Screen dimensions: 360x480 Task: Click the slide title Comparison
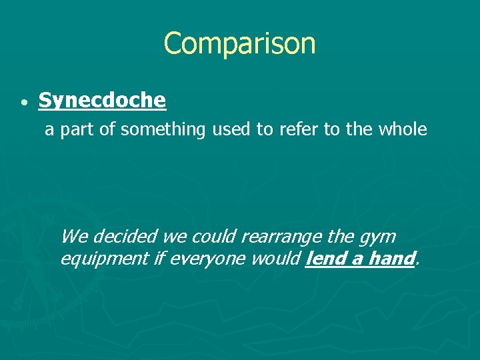point(239,44)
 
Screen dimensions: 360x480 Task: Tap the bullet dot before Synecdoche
point(23,104)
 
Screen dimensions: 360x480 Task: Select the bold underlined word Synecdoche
point(102,101)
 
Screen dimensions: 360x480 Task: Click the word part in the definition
point(78,130)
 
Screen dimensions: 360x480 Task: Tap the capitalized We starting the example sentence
point(73,237)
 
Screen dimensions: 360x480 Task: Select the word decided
point(117,237)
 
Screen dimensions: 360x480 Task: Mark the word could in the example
point(215,237)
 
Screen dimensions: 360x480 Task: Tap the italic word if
point(158,258)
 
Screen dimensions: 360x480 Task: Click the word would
point(274,258)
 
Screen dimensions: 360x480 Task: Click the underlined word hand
point(391,258)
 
